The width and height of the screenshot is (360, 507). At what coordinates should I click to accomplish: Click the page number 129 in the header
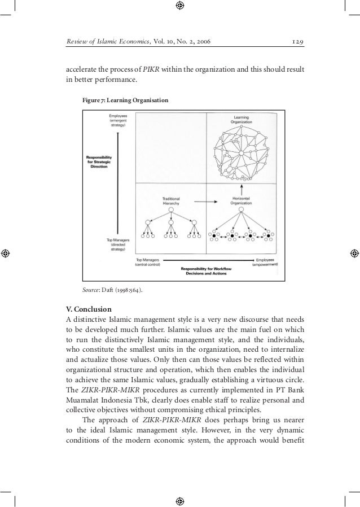click(x=297, y=42)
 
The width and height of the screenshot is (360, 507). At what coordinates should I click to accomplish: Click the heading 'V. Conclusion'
click(x=89, y=309)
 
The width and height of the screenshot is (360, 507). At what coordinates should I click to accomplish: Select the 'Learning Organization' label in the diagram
click(x=242, y=121)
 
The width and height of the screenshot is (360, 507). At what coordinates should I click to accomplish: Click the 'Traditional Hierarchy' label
click(x=171, y=202)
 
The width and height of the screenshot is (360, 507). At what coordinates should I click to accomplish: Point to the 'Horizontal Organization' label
click(x=242, y=202)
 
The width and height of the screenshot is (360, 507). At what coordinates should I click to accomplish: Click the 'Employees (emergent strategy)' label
click(x=117, y=121)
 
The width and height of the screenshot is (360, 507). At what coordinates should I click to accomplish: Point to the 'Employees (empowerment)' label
click(x=264, y=261)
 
